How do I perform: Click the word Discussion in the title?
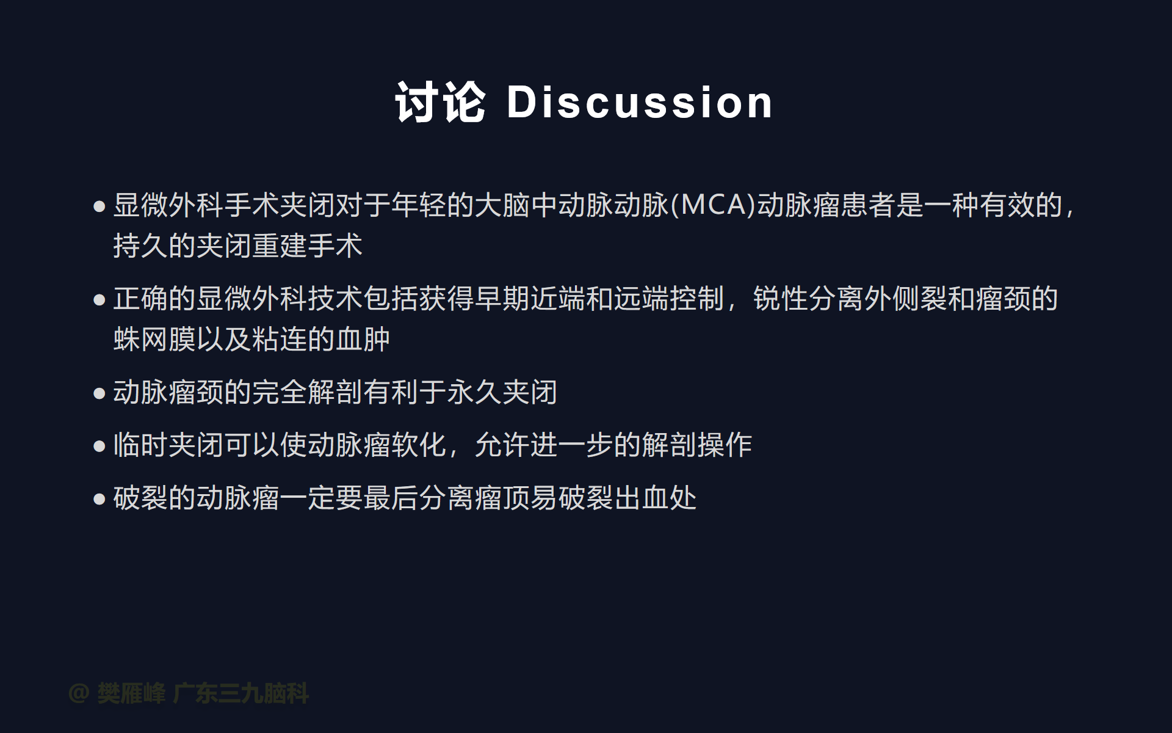(x=640, y=102)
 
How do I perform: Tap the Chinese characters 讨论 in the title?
(x=441, y=102)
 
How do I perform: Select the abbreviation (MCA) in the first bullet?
(x=714, y=205)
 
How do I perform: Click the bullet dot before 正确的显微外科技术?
(x=99, y=300)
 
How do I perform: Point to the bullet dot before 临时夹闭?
(x=99, y=447)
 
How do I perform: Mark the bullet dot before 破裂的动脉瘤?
(x=99, y=500)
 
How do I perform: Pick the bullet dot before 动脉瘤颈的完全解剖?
(x=99, y=393)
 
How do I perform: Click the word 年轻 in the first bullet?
(x=419, y=205)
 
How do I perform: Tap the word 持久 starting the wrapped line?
(x=141, y=246)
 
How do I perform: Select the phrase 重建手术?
(x=308, y=246)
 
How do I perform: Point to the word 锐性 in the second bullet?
(x=781, y=299)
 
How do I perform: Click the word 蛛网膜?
(x=154, y=339)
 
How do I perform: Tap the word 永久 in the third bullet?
(x=474, y=392)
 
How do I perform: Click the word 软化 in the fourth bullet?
(x=419, y=445)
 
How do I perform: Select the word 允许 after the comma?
(x=502, y=445)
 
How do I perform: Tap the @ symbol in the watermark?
(x=79, y=693)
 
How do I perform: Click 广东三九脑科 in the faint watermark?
(x=241, y=693)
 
